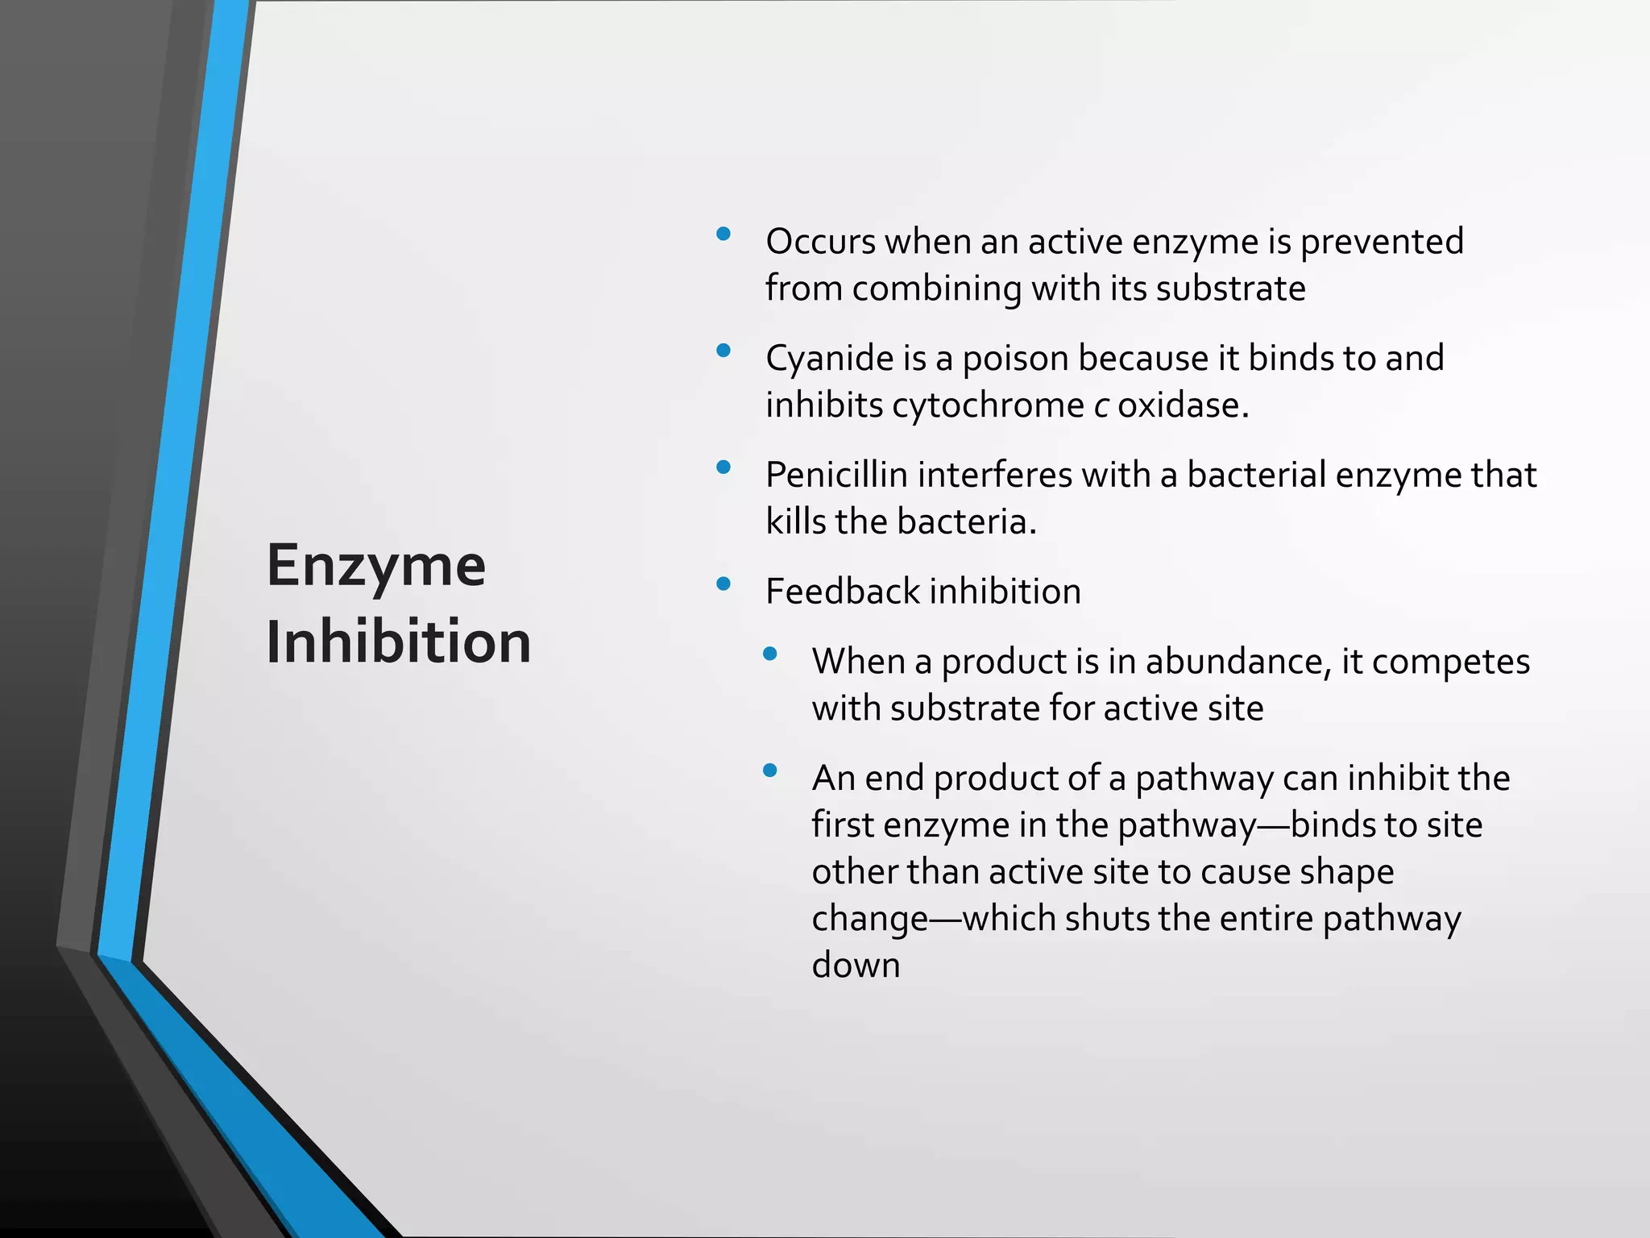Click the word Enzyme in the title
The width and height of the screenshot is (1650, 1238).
(x=376, y=567)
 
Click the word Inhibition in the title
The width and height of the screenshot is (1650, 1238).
(x=399, y=642)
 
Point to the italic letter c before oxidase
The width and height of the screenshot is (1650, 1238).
(x=1101, y=405)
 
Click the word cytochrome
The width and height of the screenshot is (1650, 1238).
(x=988, y=405)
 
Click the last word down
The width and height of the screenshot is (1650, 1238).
(x=856, y=966)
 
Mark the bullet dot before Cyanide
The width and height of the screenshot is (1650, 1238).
(x=723, y=351)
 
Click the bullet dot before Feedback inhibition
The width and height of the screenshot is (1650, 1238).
(x=723, y=584)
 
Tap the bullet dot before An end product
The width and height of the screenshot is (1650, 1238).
(x=769, y=771)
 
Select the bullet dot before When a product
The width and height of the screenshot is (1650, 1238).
(x=769, y=654)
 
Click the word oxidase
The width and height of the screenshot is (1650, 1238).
(x=1183, y=405)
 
